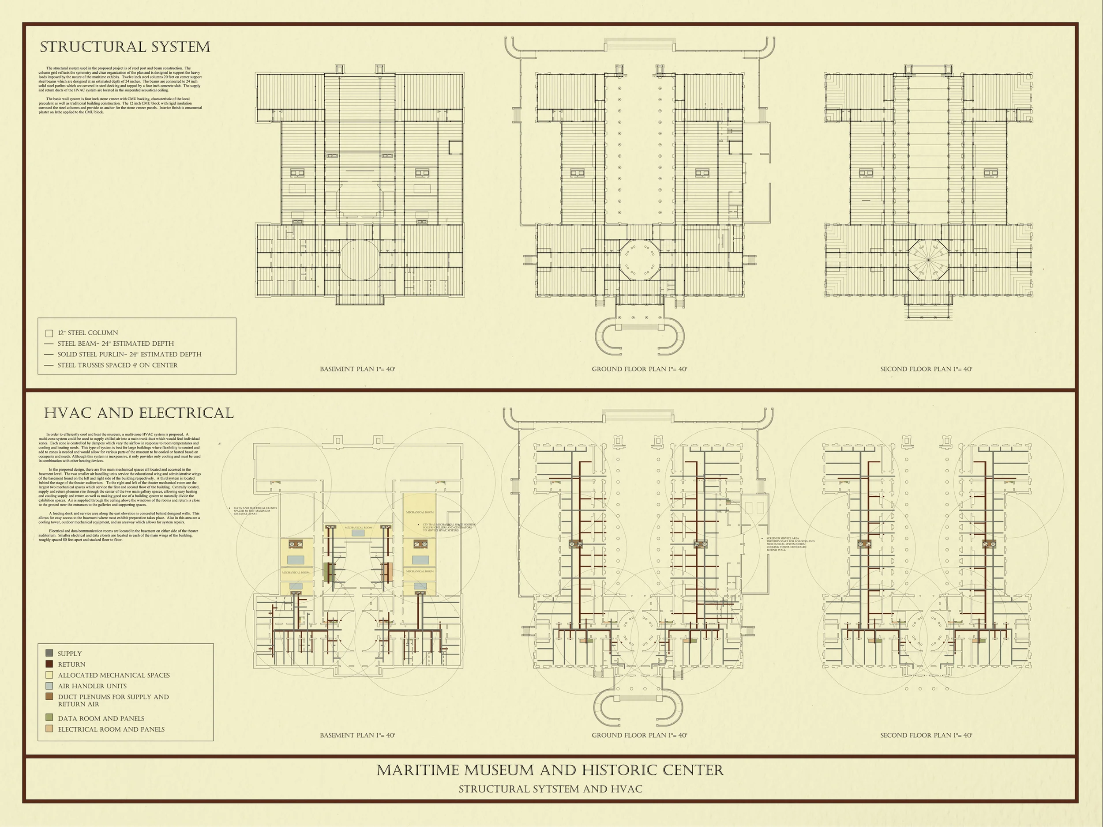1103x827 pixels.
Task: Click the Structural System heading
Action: [x=125, y=47]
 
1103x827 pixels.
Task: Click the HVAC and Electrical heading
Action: [x=139, y=413]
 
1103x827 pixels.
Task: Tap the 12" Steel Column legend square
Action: [x=49, y=333]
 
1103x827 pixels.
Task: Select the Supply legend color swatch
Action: [x=49, y=653]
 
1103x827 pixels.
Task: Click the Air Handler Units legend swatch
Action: [x=49, y=686]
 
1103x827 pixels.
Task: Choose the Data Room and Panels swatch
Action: [x=49, y=717]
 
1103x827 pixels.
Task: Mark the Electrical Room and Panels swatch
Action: [x=49, y=729]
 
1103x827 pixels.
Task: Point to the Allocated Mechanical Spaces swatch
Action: [x=49, y=675]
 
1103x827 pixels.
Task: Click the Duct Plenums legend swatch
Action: [x=49, y=697]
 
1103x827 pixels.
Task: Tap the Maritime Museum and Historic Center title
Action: [x=550, y=770]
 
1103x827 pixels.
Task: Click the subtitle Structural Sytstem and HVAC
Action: [x=550, y=789]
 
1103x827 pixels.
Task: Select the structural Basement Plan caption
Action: [x=357, y=369]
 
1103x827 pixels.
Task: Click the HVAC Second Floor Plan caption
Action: [x=926, y=735]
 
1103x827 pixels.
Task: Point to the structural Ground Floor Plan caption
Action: [x=639, y=369]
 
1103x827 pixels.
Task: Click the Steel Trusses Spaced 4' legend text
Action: [x=117, y=365]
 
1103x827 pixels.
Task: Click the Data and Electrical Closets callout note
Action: [x=255, y=510]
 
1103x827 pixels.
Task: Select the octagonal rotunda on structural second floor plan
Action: [x=928, y=260]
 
